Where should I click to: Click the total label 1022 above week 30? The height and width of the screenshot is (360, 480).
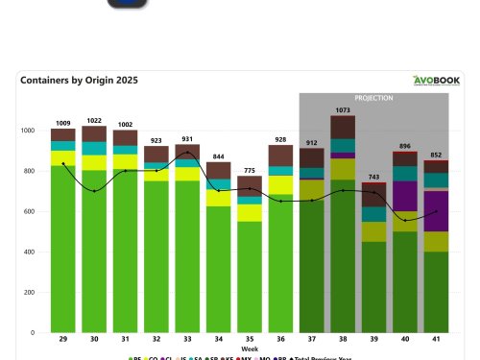pyautogui.click(x=94, y=120)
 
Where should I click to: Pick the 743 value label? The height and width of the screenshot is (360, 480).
pyautogui.click(x=373, y=177)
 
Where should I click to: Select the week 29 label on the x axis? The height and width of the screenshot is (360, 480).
pyautogui.click(x=63, y=341)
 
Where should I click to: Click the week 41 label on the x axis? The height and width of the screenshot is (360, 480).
pyautogui.click(x=436, y=341)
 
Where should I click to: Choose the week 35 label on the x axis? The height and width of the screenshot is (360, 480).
pyautogui.click(x=250, y=341)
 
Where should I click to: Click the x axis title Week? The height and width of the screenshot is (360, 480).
pyautogui.click(x=250, y=349)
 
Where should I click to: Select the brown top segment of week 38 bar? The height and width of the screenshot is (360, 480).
pyautogui.click(x=343, y=127)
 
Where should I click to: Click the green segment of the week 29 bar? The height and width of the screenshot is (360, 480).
pyautogui.click(x=63, y=250)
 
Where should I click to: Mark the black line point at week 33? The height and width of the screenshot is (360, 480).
pyautogui.click(x=187, y=153)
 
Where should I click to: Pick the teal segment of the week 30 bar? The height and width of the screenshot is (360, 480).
pyautogui.click(x=94, y=148)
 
